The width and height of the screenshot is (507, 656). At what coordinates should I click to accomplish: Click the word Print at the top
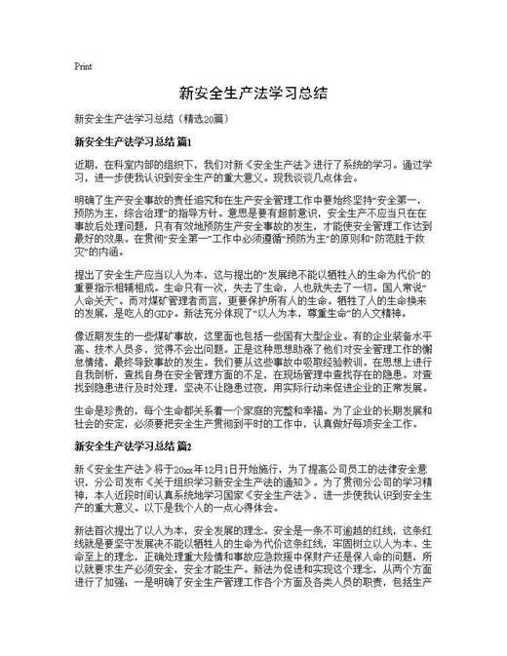pyautogui.click(x=83, y=67)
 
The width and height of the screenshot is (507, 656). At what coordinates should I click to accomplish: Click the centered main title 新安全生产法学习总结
pyautogui.click(x=253, y=95)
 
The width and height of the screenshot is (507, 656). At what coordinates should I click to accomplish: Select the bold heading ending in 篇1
pyautogui.click(x=133, y=142)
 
